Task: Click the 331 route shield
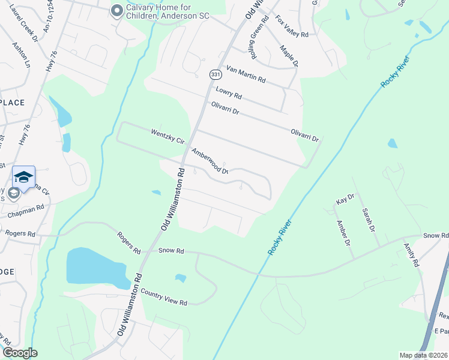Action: pyautogui.click(x=214, y=74)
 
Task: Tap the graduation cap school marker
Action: pyautogui.click(x=23, y=176)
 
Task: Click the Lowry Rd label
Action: pyautogui.click(x=228, y=92)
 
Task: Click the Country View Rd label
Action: pyautogui.click(x=164, y=296)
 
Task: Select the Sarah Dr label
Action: pyautogui.click(x=368, y=220)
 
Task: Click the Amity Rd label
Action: pyautogui.click(x=411, y=255)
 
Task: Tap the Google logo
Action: pyautogui.click(x=20, y=353)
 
